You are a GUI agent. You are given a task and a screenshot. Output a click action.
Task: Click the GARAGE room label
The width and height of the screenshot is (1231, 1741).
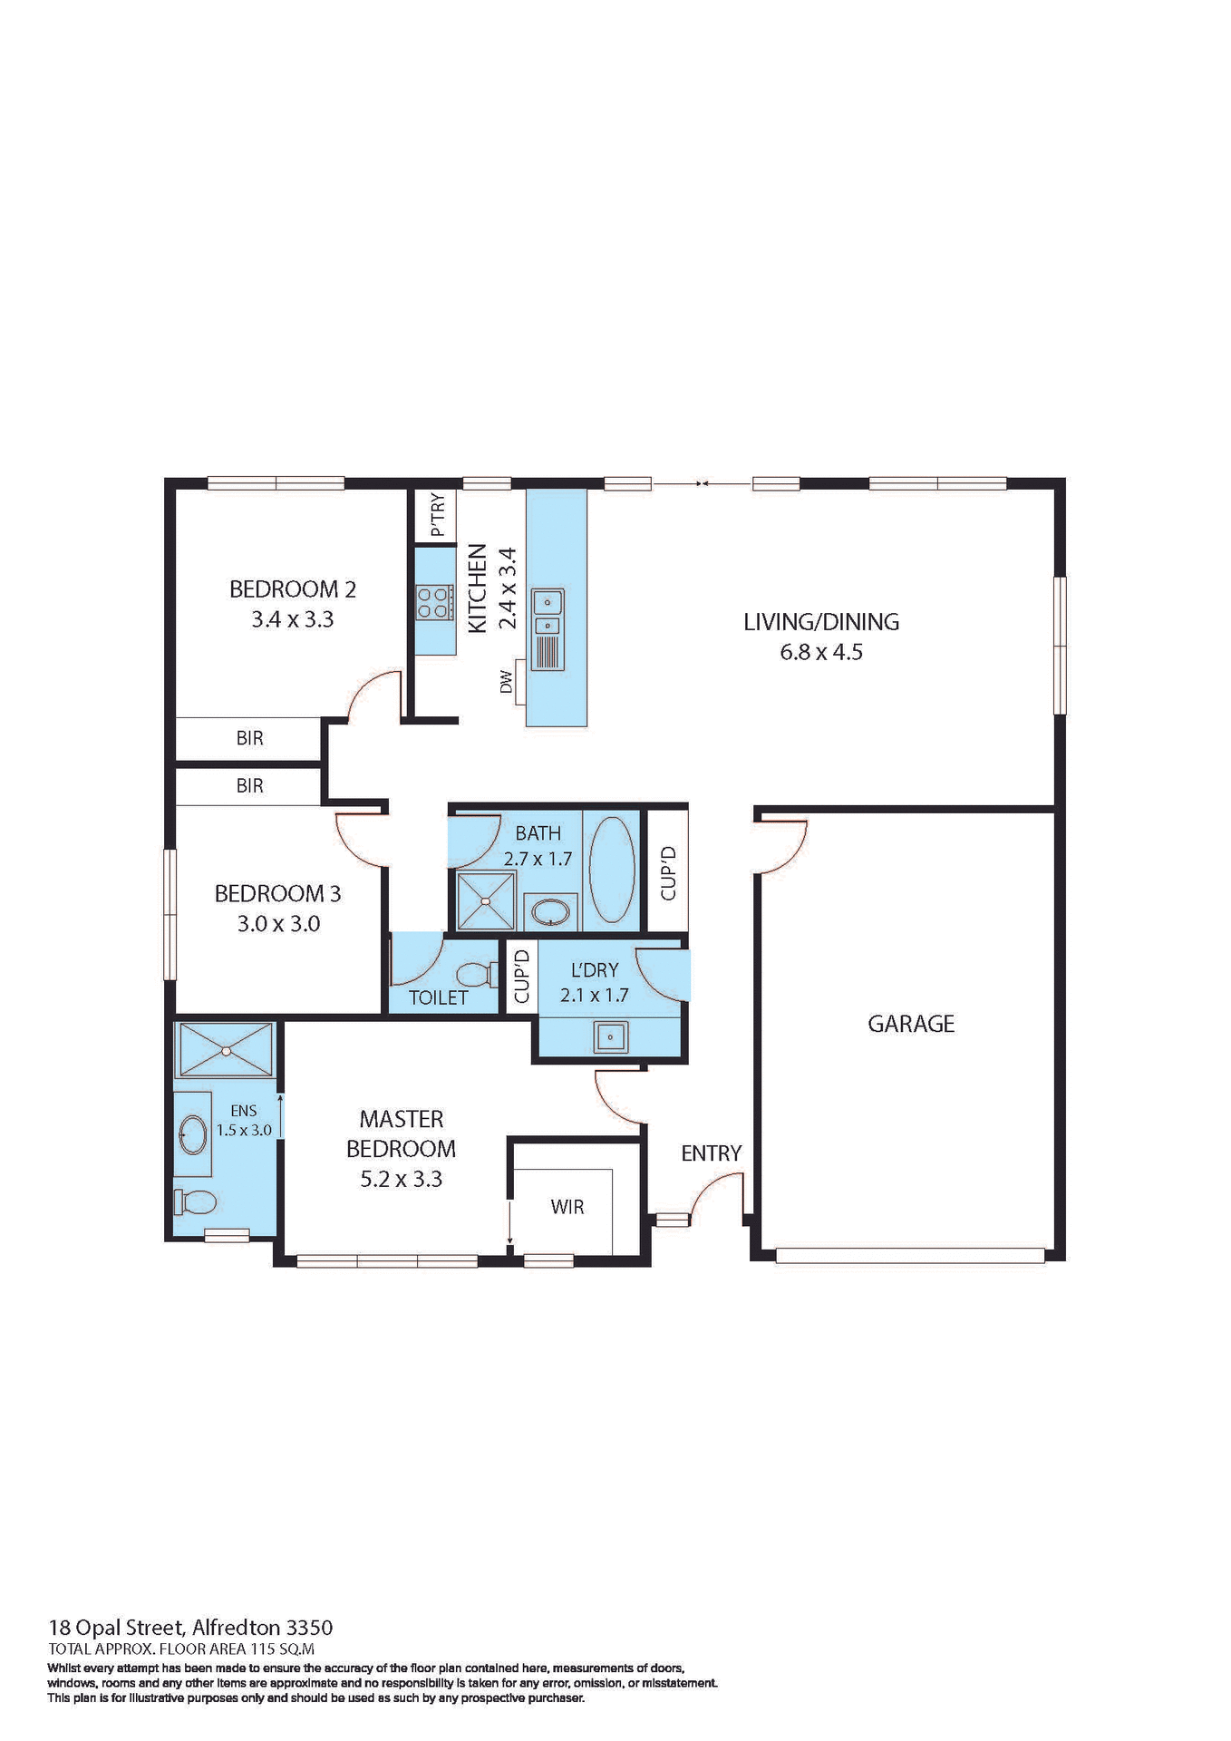click(x=911, y=1024)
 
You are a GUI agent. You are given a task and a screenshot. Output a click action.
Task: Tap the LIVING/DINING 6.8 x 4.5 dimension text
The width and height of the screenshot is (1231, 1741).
click(x=821, y=652)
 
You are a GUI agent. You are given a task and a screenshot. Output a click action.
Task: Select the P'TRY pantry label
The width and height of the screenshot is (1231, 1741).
click(x=438, y=514)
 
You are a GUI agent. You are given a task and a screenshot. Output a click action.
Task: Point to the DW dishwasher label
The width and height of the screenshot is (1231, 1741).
click(x=507, y=682)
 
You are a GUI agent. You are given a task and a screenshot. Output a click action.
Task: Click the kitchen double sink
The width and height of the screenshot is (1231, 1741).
click(x=548, y=613)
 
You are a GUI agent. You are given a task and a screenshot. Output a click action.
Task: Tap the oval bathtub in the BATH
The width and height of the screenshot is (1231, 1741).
click(x=612, y=870)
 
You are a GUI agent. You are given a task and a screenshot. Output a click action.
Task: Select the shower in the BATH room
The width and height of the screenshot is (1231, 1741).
click(x=486, y=900)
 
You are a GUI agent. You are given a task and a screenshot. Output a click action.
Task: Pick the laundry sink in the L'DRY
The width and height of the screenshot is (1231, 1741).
click(x=611, y=1036)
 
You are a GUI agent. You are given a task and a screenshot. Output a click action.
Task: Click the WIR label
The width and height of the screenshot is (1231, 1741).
click(x=567, y=1207)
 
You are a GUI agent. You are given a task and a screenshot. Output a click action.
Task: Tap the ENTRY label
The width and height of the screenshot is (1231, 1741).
click(x=712, y=1153)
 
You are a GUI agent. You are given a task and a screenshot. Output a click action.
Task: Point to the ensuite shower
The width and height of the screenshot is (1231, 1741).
click(x=226, y=1050)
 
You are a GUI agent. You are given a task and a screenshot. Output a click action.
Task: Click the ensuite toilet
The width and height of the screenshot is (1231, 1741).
click(x=195, y=1202)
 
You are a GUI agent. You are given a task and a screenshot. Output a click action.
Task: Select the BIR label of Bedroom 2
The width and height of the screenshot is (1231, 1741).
click(x=249, y=738)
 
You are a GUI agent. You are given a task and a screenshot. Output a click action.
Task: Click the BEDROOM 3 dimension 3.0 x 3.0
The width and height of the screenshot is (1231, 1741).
click(x=278, y=924)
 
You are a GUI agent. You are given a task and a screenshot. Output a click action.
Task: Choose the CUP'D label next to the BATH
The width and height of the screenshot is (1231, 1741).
click(x=668, y=872)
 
